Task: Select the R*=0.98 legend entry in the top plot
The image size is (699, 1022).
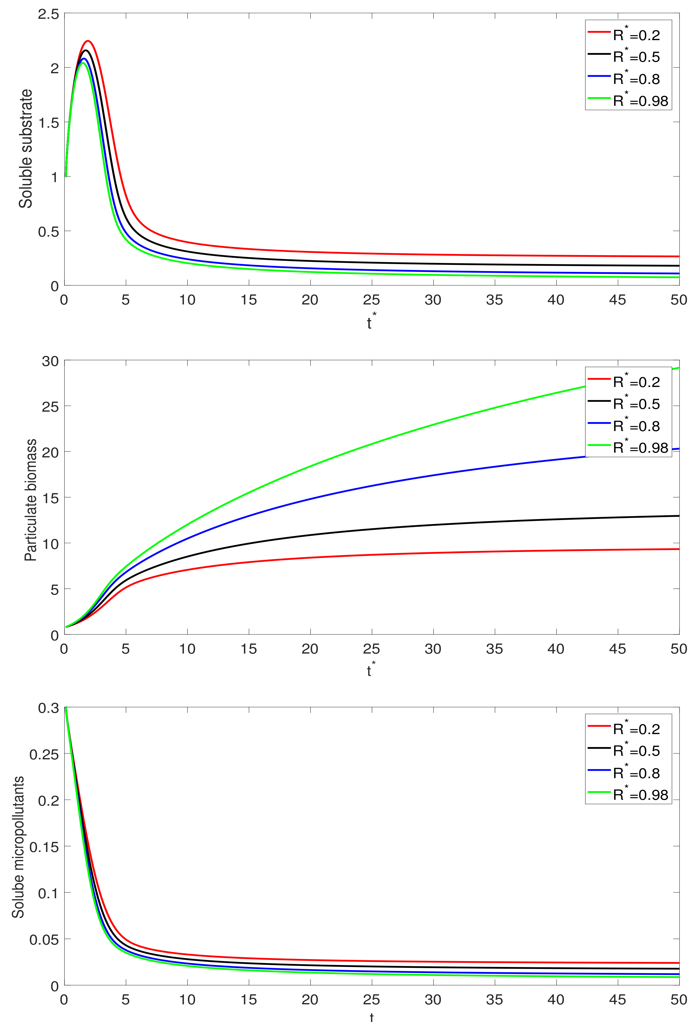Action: click(629, 101)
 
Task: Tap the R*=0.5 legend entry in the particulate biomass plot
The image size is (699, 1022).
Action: click(629, 404)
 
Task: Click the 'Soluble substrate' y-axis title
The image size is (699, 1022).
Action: click(26, 149)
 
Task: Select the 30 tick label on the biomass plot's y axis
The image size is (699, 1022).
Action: click(50, 361)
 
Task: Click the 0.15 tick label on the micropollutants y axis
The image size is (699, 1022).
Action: click(44, 847)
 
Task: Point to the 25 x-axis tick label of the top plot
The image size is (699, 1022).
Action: click(371, 300)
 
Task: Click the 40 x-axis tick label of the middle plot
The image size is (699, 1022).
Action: click(556, 649)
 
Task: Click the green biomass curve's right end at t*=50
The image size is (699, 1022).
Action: click(678, 368)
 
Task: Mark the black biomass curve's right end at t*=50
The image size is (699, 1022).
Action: click(678, 516)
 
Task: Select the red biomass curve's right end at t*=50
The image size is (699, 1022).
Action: click(678, 549)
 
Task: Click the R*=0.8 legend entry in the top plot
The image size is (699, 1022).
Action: click(629, 79)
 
